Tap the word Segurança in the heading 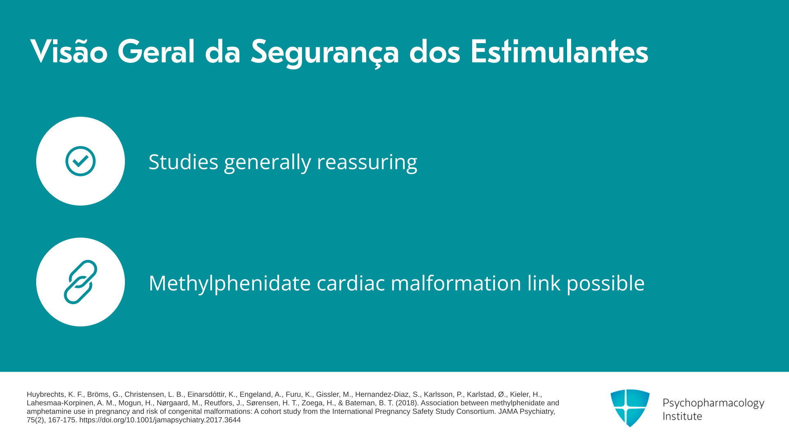click(325, 53)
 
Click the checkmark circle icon click(81, 161)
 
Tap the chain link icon click(81, 282)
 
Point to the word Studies click(183, 162)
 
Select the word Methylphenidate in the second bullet click(230, 283)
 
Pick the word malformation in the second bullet click(456, 283)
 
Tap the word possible click(606, 283)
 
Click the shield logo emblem click(630, 408)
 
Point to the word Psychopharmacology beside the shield click(713, 403)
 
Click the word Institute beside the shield click(682, 416)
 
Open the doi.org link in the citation click(160, 420)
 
